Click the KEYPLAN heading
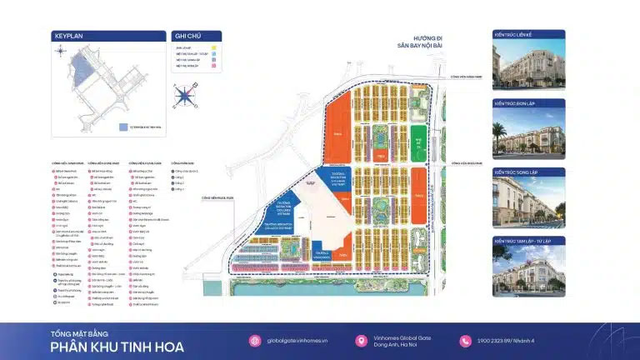click(68, 37)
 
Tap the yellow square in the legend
click(214, 48)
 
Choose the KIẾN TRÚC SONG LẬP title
click(517, 173)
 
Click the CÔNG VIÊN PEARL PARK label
click(217, 198)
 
